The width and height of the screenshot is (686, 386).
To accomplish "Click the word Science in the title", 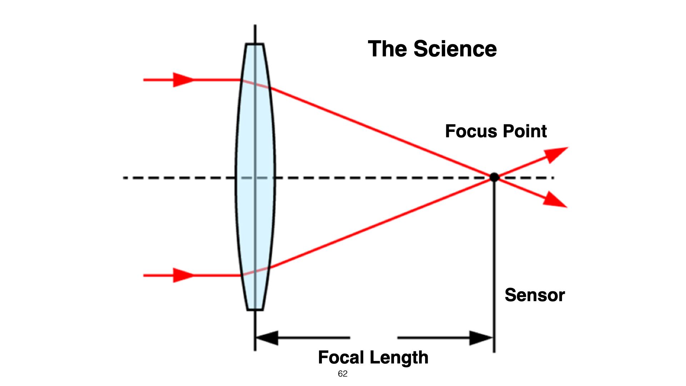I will click(455, 49).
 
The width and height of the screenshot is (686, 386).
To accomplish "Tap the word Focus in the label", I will click(468, 131).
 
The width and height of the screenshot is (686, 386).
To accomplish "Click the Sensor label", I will click(535, 295).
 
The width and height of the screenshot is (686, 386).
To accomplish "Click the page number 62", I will click(342, 374).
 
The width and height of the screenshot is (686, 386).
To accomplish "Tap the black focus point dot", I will click(494, 177).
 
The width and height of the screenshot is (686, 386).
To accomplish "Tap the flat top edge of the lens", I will click(255, 44).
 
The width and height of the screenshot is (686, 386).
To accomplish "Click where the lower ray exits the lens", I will click(269, 267).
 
